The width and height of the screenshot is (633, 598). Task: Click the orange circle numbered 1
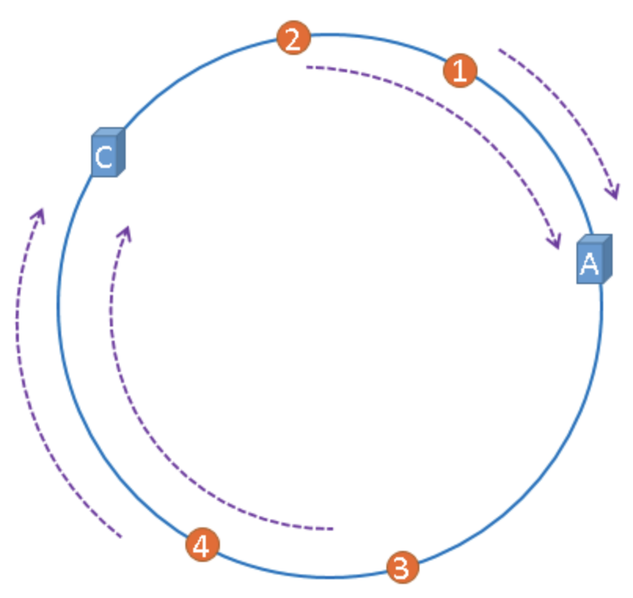459,70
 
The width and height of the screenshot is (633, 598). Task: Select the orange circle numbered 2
292,38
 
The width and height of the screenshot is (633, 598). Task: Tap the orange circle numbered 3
401,567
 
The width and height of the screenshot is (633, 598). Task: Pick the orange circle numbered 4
202,545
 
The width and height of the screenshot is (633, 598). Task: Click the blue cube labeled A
591,261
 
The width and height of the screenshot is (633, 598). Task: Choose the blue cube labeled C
105,153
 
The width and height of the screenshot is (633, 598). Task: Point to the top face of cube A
595,239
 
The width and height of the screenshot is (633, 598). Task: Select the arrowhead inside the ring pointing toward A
556,240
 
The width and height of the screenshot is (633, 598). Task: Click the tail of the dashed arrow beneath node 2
309,67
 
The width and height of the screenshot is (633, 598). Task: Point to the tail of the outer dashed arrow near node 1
501,51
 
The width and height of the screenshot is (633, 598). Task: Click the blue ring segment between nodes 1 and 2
377,41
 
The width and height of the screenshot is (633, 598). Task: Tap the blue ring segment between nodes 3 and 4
302,574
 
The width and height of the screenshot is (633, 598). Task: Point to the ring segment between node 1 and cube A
542,133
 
